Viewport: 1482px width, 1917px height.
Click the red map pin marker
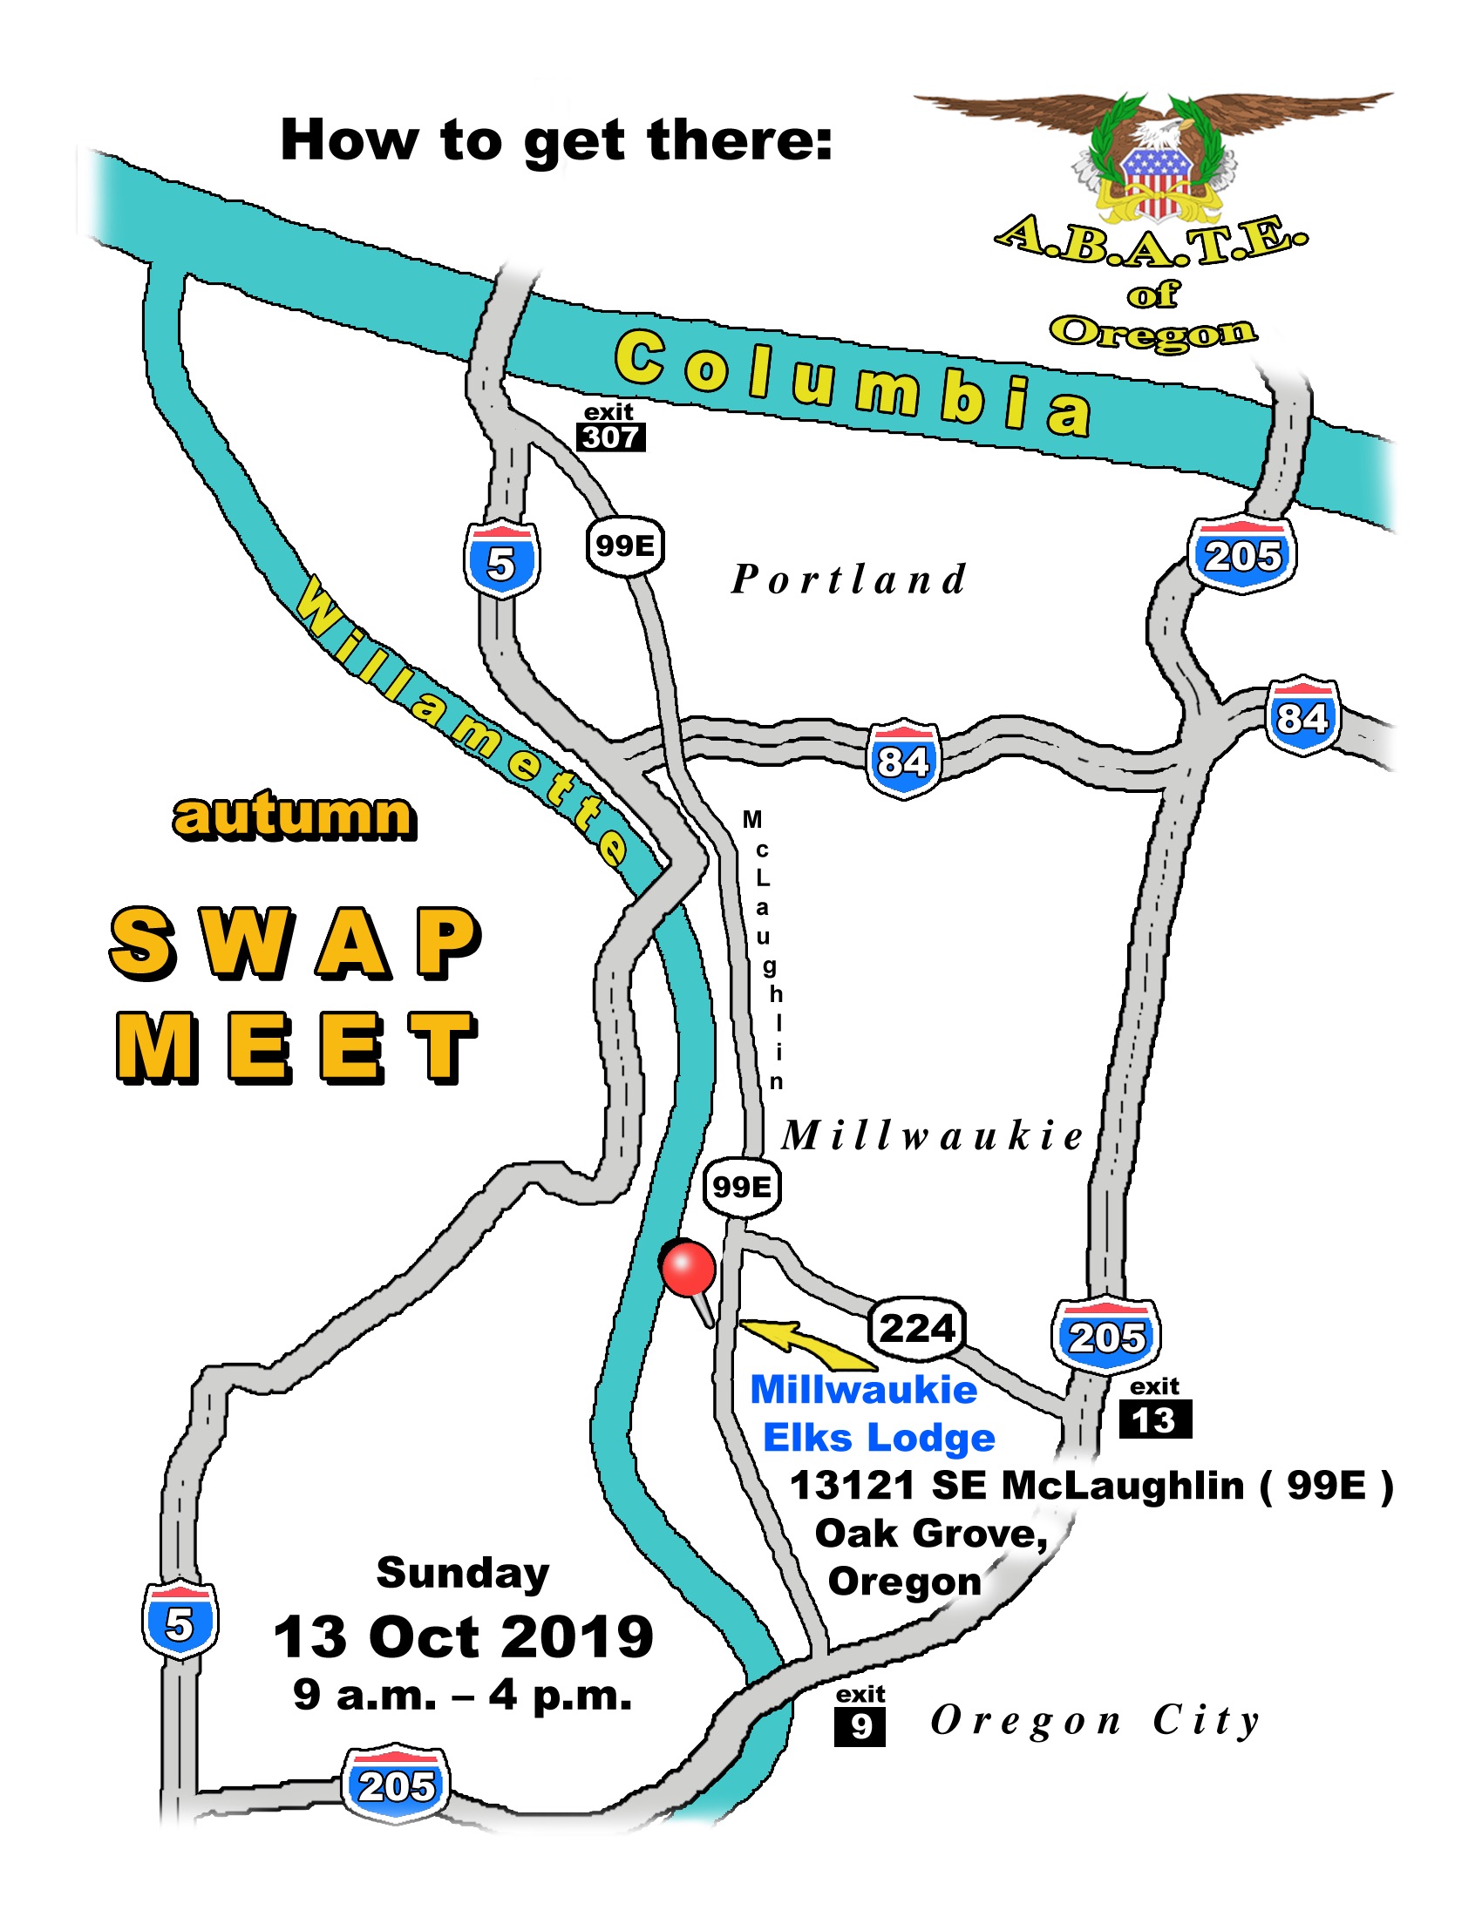coord(688,1270)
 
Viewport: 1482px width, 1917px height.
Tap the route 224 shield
coord(916,1327)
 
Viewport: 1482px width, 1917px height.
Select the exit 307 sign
coord(611,428)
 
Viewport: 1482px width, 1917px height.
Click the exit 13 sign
coord(1154,1412)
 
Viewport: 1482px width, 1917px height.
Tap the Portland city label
coord(849,579)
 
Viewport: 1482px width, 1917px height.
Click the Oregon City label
coord(1096,1720)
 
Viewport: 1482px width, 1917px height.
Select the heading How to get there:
coord(556,140)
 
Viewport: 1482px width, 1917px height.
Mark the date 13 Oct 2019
coord(464,1637)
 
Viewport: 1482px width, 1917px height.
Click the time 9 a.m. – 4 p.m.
coord(463,1695)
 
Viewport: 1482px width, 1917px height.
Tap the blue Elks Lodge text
coord(879,1439)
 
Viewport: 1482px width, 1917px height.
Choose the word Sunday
coord(463,1573)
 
